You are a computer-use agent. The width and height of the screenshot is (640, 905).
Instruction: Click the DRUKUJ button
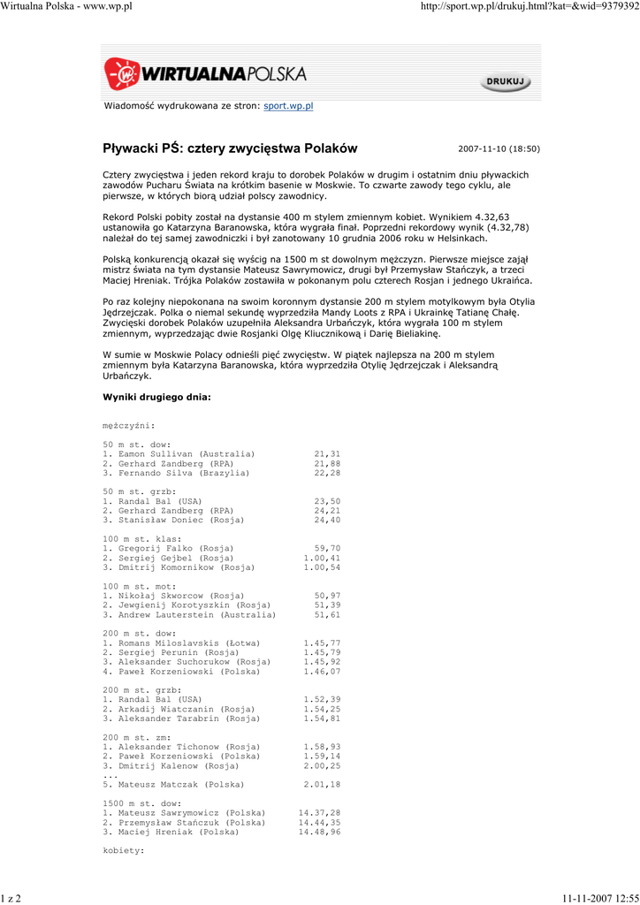(507, 82)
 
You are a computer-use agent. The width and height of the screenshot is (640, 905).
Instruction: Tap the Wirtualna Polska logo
(205, 75)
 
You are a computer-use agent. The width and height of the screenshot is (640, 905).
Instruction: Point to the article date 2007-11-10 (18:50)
(499, 149)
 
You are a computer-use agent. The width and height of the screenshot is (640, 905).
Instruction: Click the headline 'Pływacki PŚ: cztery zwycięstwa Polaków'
(230, 148)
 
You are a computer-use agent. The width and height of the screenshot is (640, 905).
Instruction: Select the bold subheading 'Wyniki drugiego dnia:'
(156, 397)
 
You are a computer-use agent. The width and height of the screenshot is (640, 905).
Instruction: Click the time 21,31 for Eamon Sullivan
(326, 453)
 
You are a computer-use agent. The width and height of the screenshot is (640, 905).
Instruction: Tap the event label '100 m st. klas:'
(142, 538)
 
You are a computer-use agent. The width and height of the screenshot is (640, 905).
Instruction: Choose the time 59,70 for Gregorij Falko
(326, 548)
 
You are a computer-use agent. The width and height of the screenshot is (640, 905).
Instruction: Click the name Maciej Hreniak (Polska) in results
(175, 832)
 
